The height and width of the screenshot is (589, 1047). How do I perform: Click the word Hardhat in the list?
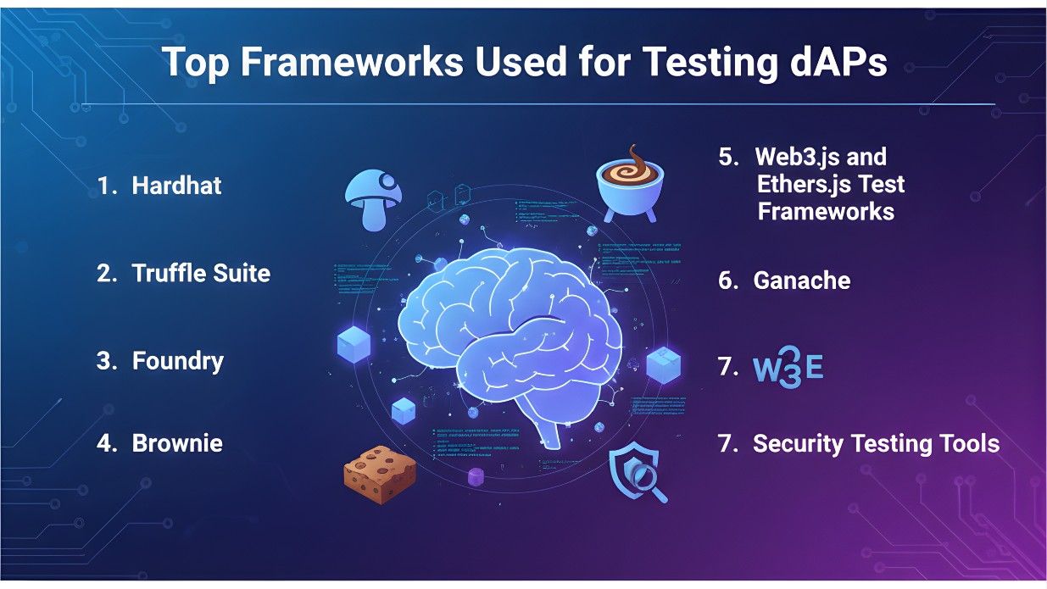pyautogui.click(x=176, y=186)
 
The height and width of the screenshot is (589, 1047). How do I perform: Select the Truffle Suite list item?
pyautogui.click(x=201, y=273)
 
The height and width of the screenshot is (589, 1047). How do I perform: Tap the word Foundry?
pyautogui.click(x=178, y=361)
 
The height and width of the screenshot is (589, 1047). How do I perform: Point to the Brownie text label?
pyautogui.click(x=177, y=442)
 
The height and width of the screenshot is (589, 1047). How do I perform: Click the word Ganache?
pyautogui.click(x=801, y=281)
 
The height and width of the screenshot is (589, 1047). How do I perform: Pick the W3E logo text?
pyautogui.click(x=788, y=368)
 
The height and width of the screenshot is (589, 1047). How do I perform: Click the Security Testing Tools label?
pyautogui.click(x=876, y=443)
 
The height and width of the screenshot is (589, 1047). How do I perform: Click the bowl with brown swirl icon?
pyautogui.click(x=629, y=181)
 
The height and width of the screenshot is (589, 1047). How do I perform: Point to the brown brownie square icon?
pyautogui.click(x=380, y=470)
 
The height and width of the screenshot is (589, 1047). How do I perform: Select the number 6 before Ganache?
pyautogui.click(x=727, y=281)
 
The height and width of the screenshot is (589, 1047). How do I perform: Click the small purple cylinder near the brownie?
pyautogui.click(x=476, y=477)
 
